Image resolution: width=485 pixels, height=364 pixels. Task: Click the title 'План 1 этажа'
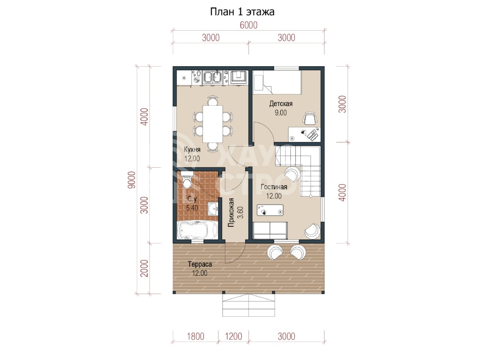(x=242, y=12)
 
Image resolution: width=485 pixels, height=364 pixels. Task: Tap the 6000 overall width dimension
(x=249, y=25)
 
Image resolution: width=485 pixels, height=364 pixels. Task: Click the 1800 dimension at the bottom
(x=196, y=336)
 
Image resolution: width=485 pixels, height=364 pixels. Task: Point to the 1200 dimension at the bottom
(x=233, y=336)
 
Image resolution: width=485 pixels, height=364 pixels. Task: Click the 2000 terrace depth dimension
(x=144, y=268)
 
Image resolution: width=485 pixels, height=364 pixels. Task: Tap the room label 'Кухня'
(x=192, y=150)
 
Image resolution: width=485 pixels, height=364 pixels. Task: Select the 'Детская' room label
(x=281, y=104)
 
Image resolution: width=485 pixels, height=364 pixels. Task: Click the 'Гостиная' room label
(x=274, y=187)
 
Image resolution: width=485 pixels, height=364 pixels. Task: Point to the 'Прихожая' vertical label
(x=231, y=213)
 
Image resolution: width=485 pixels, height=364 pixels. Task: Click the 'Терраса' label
(x=200, y=264)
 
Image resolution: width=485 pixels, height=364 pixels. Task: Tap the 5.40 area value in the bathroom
(x=192, y=208)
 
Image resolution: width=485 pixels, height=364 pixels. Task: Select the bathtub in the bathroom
(x=197, y=230)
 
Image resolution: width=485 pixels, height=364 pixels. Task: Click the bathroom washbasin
(x=213, y=208)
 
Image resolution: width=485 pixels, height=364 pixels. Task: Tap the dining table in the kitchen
(x=213, y=124)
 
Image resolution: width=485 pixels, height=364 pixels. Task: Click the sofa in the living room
(x=270, y=231)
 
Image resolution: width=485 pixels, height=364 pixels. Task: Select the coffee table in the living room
(x=270, y=210)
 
